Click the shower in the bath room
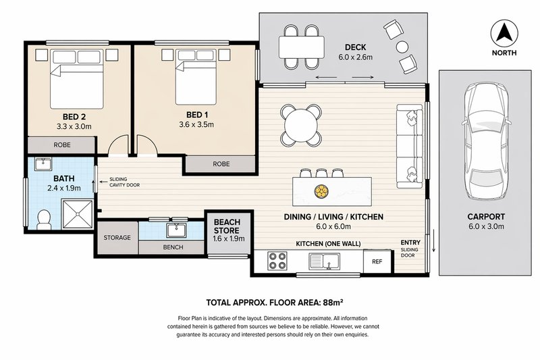(80, 211)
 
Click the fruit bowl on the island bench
(321, 191)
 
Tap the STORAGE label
(116, 238)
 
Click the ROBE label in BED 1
(221, 164)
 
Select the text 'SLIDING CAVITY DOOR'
(124, 182)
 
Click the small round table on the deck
(403, 47)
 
